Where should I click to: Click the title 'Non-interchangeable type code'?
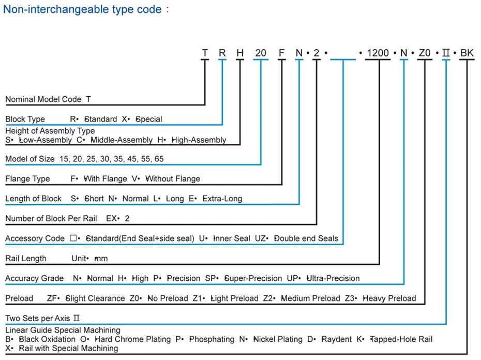pyautogui.click(x=82, y=9)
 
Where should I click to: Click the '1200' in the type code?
pyautogui.click(x=378, y=53)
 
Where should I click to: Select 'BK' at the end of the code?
pyautogui.click(x=467, y=53)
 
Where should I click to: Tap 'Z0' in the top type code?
pyautogui.click(x=425, y=53)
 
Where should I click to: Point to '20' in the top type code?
pyautogui.click(x=261, y=53)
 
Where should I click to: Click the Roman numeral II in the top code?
pyautogui.click(x=446, y=53)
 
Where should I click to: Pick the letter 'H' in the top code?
pyautogui.click(x=240, y=53)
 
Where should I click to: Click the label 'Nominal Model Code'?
pyautogui.click(x=43, y=99)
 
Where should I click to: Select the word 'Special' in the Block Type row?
pyautogui.click(x=149, y=119)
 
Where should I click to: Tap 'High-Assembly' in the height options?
pyautogui.click(x=199, y=140)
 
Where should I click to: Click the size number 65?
pyautogui.click(x=159, y=159)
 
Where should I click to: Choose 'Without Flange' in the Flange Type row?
pyautogui.click(x=173, y=178)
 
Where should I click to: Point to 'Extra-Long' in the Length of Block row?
pyautogui.click(x=222, y=199)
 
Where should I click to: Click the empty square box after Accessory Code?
pyautogui.click(x=73, y=238)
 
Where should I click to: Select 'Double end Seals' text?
pyautogui.click(x=306, y=238)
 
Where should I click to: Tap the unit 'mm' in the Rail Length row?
pyautogui.click(x=101, y=259)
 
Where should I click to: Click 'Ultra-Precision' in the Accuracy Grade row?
pyautogui.click(x=333, y=278)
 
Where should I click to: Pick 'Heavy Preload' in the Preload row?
pyautogui.click(x=389, y=298)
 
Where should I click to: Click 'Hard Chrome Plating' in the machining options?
pyautogui.click(x=133, y=339)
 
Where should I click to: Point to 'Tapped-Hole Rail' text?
pyautogui.click(x=401, y=339)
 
